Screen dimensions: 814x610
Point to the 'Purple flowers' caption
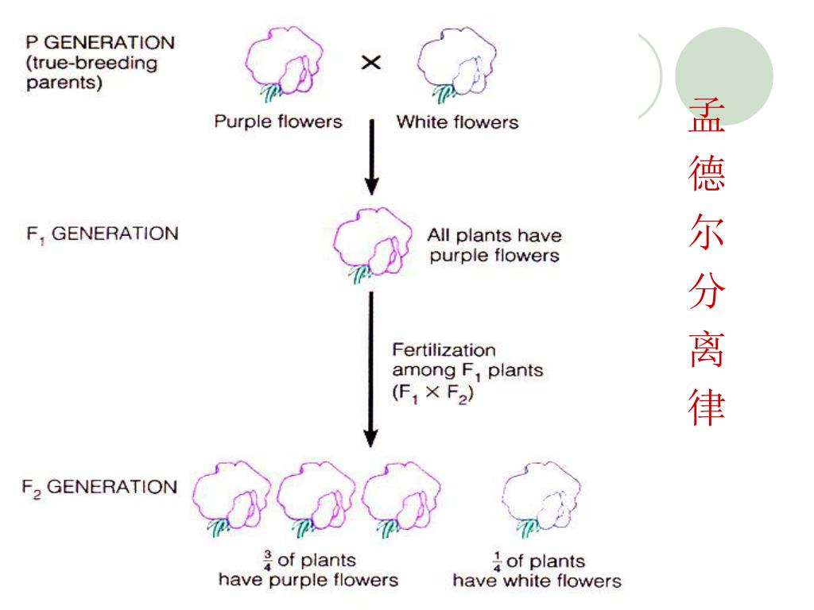pyautogui.click(x=278, y=122)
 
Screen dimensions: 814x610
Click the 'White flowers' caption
pyautogui.click(x=457, y=122)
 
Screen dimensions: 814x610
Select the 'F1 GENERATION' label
pyautogui.click(x=100, y=235)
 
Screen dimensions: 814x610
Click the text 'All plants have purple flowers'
pyautogui.click(x=493, y=245)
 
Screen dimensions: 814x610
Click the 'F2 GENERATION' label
pyautogui.click(x=100, y=487)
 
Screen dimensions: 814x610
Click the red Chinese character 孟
pyautogui.click(x=706, y=116)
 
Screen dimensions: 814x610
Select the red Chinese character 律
pyautogui.click(x=706, y=406)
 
